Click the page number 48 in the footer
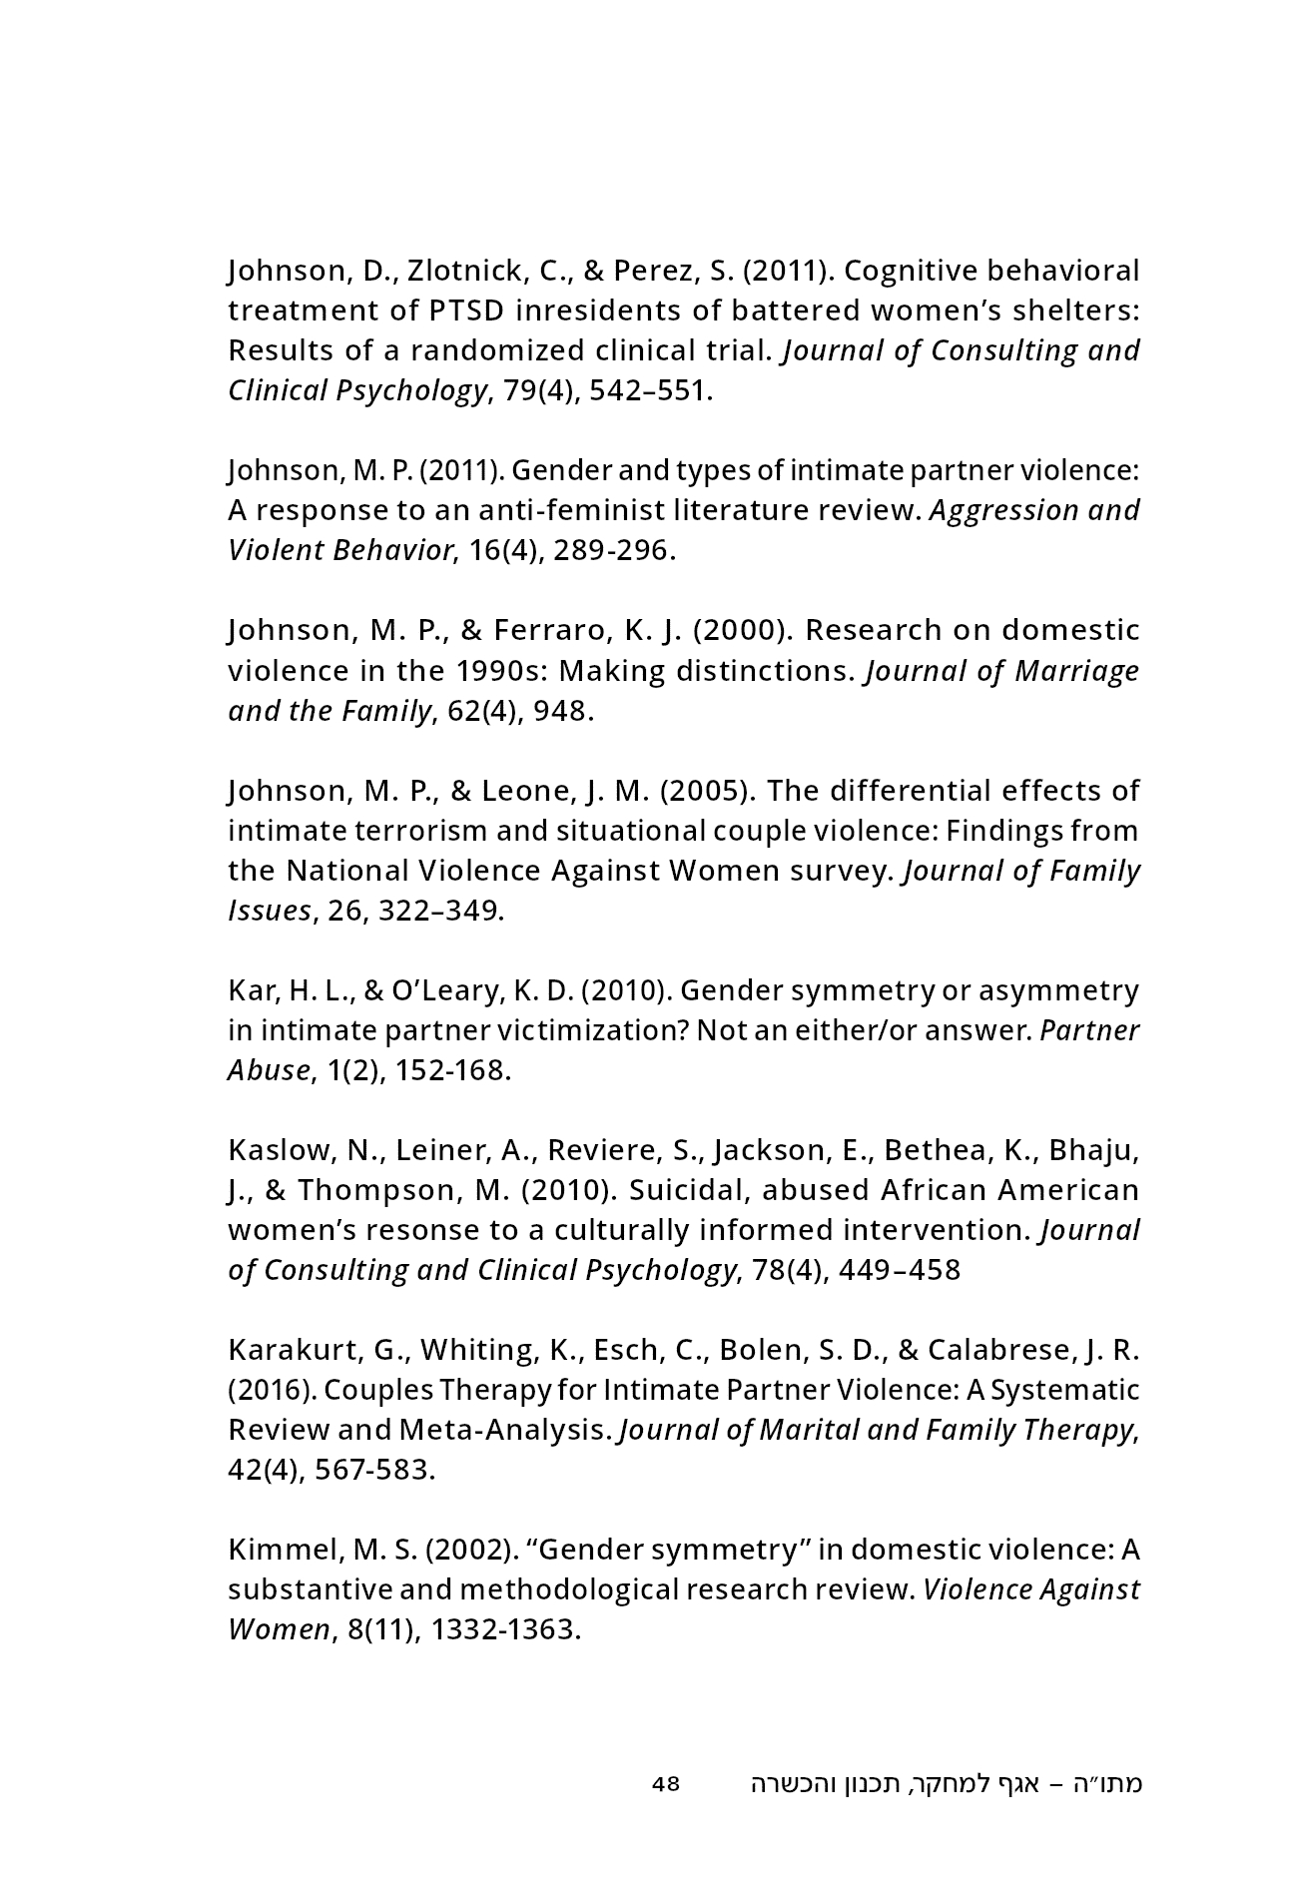(665, 1783)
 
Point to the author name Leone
(524, 791)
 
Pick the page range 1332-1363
(505, 1629)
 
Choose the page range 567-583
(374, 1470)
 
